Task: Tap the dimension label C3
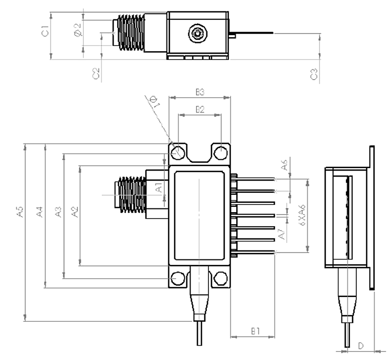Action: pyautogui.click(x=313, y=75)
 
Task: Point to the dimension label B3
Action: pyautogui.click(x=200, y=92)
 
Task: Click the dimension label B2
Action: pyautogui.click(x=199, y=110)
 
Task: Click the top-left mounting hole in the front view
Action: pyautogui.click(x=178, y=152)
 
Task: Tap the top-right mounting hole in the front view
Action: pyautogui.click(x=221, y=152)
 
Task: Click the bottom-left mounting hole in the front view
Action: pyautogui.click(x=178, y=279)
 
